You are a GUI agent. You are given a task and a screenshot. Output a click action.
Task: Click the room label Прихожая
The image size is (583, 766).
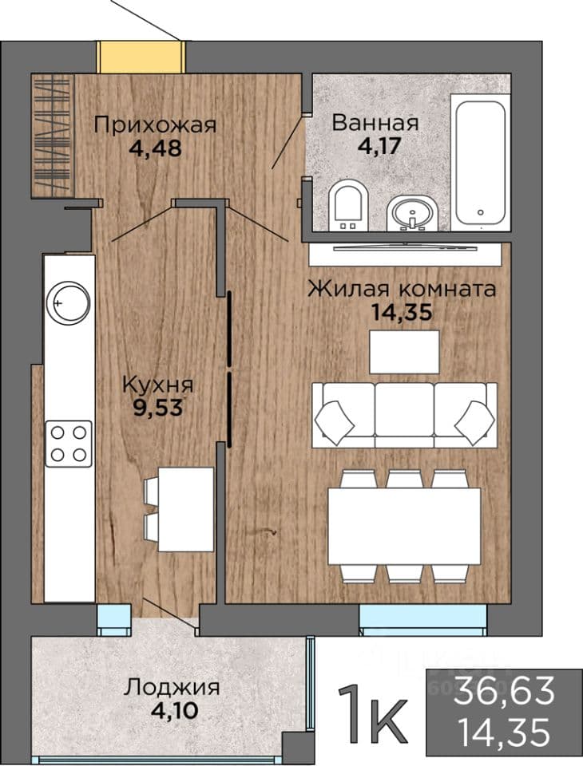pyautogui.click(x=155, y=125)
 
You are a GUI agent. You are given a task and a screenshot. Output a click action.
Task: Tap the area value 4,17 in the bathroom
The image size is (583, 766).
pyautogui.click(x=379, y=146)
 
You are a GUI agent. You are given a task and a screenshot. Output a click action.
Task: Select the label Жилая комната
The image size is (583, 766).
pyautogui.click(x=402, y=289)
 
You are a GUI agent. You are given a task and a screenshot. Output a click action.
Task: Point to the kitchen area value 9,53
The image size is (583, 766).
pyautogui.click(x=158, y=408)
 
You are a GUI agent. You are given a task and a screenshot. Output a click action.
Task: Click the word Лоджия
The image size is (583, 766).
pyautogui.click(x=171, y=688)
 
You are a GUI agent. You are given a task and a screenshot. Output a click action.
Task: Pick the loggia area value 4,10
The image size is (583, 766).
pyautogui.click(x=175, y=710)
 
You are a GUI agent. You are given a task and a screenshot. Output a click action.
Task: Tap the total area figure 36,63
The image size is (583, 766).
pyautogui.click(x=504, y=690)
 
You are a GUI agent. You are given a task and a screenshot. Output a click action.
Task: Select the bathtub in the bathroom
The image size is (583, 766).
pyautogui.click(x=481, y=162)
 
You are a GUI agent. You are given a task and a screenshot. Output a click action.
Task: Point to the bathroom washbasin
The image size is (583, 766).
pyautogui.click(x=413, y=213)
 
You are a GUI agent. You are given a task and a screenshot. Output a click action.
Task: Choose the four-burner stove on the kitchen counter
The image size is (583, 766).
pyautogui.click(x=69, y=444)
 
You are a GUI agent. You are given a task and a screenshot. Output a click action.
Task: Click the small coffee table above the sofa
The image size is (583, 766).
pyautogui.click(x=404, y=352)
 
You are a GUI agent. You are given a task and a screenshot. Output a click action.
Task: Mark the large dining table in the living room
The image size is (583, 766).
pyautogui.click(x=404, y=527)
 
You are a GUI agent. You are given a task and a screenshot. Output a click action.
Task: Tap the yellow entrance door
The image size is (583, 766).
pyautogui.click(x=141, y=57)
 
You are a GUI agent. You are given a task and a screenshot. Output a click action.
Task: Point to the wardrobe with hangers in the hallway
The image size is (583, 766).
pyautogui.click(x=53, y=136)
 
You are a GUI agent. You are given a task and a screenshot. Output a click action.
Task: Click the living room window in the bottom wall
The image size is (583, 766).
pyautogui.click(x=423, y=620)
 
